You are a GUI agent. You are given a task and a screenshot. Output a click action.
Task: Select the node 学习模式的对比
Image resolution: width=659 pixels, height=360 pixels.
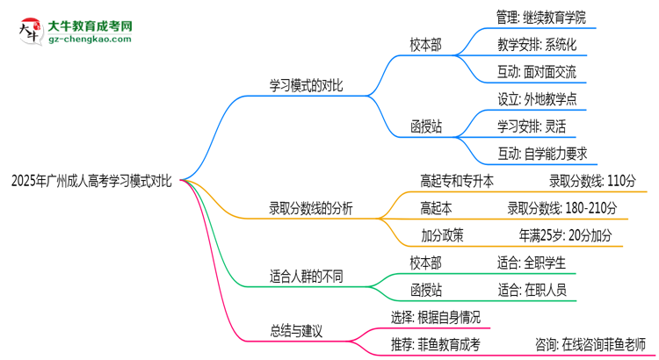coord(305,86)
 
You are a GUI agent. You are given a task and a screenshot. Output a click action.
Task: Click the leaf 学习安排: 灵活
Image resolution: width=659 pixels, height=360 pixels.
coord(529,126)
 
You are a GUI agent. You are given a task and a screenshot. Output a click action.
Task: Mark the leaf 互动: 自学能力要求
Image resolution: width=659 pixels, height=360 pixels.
coord(540,153)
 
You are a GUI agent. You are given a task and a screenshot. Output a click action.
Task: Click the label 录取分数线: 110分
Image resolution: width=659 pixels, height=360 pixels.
coord(592,181)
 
